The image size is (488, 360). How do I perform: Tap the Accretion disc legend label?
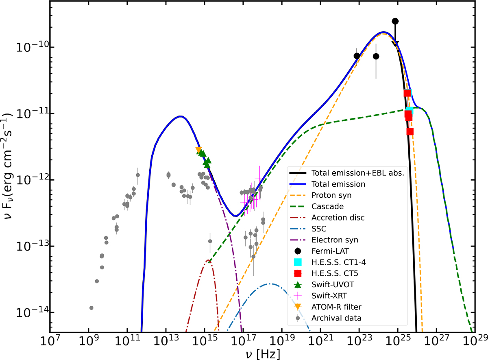pyautogui.click(x=338, y=217)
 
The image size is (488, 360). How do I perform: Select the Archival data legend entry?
pyautogui.click(x=336, y=317)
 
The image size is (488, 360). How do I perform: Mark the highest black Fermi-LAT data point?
pyautogui.click(x=395, y=21)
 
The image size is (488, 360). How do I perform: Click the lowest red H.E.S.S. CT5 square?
pyautogui.click(x=410, y=131)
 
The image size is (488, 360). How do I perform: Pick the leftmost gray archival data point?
pyautogui.click(x=91, y=308)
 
